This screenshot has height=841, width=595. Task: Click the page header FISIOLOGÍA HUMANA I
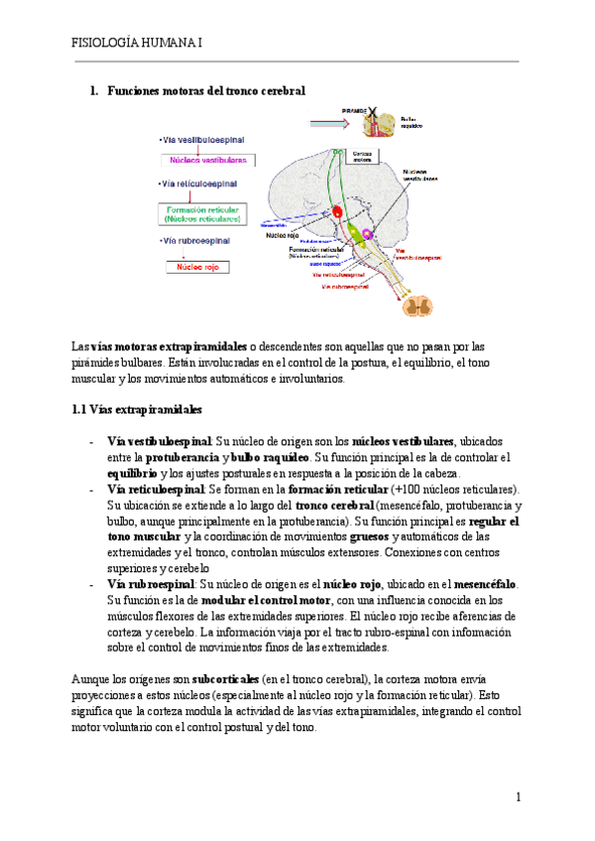(x=138, y=44)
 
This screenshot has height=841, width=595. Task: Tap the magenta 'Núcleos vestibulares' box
(x=208, y=160)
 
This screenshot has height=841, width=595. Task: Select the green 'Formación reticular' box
(x=207, y=213)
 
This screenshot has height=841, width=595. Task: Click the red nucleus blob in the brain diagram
(x=338, y=211)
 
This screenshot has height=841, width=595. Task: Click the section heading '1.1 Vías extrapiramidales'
(x=137, y=409)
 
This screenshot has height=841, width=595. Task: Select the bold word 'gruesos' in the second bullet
(x=371, y=537)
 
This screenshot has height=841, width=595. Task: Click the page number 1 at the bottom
(x=518, y=797)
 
